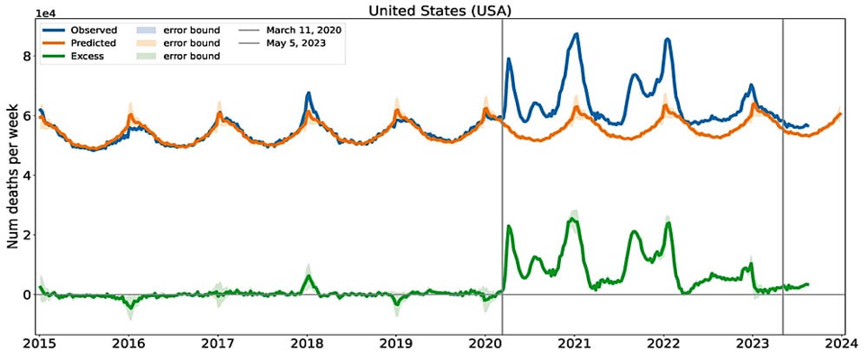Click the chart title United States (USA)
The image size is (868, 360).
(433, 11)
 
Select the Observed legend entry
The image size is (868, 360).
(95, 31)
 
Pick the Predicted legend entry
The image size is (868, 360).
(95, 43)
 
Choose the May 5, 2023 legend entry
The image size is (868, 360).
(296, 43)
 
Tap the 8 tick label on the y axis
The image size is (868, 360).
(27, 56)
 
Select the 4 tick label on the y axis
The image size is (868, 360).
(27, 175)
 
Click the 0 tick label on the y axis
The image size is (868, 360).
(27, 294)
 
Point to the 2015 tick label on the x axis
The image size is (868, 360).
(40, 344)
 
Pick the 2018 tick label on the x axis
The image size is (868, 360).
(308, 344)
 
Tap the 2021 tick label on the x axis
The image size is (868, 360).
(575, 344)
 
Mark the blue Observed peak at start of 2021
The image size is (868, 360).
(575, 34)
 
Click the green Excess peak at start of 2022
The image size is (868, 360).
(668, 222)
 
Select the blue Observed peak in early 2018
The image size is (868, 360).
(308, 93)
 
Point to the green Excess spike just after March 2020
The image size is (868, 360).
(509, 226)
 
